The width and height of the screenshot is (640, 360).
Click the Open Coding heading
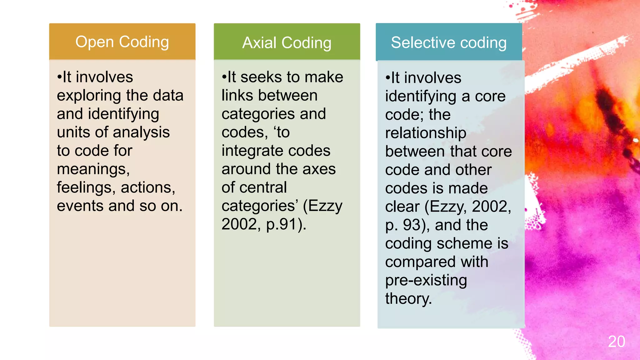pos(122,42)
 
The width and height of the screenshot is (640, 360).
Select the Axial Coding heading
pos(287,43)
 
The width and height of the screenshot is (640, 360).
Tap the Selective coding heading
pos(449,42)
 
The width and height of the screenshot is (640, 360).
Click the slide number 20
pos(616,342)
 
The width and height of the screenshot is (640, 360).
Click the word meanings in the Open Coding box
pos(93,169)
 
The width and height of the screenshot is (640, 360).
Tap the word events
pos(80,206)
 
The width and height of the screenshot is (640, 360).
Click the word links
pos(236,95)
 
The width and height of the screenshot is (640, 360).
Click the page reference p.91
pos(281,224)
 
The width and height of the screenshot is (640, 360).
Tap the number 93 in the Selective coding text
pos(412,225)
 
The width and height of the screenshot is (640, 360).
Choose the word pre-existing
pos(426,280)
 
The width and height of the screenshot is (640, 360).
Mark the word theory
pos(408,299)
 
